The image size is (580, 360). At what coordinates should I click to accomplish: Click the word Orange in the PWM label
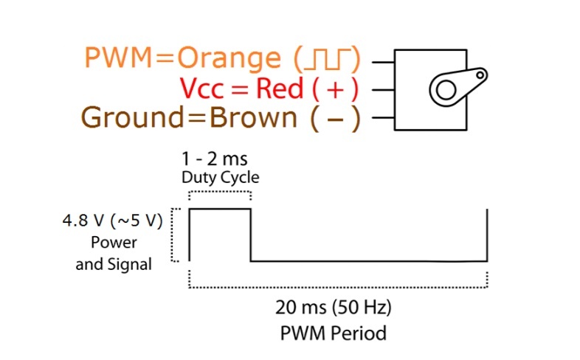229,58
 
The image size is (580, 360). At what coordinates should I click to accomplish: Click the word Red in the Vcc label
280,89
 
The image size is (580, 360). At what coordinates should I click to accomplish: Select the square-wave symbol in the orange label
327,58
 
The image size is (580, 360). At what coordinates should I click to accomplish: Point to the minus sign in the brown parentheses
335,119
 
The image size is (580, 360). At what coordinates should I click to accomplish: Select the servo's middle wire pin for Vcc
384,90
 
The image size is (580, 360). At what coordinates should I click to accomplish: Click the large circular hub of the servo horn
444,91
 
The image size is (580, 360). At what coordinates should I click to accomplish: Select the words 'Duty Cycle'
221,178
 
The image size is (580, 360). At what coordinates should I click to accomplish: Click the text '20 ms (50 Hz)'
333,307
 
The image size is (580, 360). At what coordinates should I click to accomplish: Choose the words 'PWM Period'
333,333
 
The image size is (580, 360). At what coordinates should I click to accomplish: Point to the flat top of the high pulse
220,210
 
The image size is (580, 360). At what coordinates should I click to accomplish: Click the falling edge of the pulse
251,236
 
